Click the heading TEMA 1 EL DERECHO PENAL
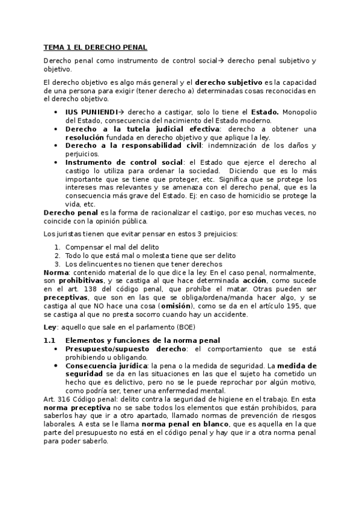tap(96, 47)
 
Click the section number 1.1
tap(50, 340)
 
